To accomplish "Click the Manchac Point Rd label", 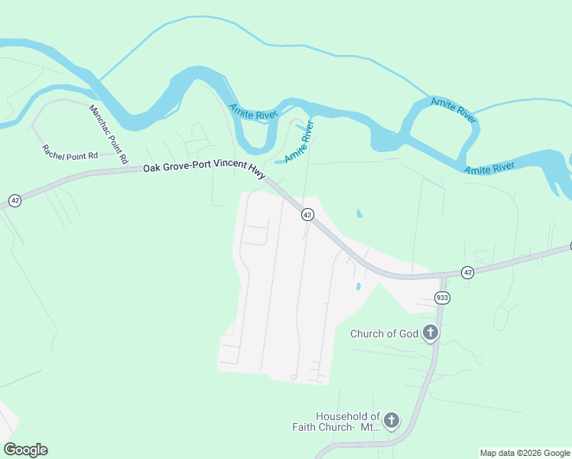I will coord(107,134).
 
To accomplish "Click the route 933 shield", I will coord(441,297).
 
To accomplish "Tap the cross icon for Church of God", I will coord(431,333).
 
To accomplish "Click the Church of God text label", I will coord(385,334).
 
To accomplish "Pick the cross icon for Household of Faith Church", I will coord(391,419).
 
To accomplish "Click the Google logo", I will coord(25,450).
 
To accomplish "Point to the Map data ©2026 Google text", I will coord(525,453).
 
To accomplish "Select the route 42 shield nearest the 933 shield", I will coord(467,272).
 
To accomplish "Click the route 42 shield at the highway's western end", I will coord(15,200).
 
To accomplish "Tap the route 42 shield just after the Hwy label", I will coord(307,215).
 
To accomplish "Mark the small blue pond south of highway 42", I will coord(358,286).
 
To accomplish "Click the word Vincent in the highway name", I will coord(226,171).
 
